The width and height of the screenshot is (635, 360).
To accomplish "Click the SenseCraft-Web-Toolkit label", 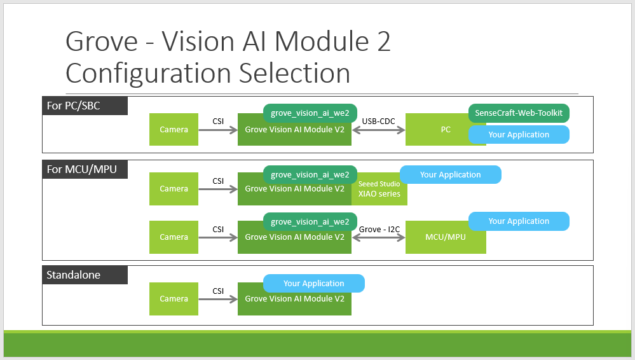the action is click(x=519, y=113).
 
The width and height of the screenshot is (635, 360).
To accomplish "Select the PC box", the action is click(x=446, y=129).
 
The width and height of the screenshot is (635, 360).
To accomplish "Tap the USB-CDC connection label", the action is click(x=378, y=121).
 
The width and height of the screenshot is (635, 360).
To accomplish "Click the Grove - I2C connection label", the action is click(x=379, y=230).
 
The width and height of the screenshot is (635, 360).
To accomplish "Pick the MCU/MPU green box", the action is click(x=446, y=237).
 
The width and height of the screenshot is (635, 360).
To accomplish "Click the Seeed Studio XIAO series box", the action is click(x=379, y=189).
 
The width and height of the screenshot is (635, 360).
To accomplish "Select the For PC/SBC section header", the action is click(x=85, y=106).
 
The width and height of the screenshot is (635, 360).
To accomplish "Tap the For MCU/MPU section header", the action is click(x=85, y=169).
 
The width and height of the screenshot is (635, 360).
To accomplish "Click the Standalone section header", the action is click(x=85, y=275).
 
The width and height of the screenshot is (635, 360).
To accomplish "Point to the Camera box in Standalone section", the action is click(x=174, y=299).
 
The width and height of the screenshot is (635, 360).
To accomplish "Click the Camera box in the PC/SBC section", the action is click(x=174, y=129).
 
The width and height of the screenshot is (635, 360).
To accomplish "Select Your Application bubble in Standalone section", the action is click(x=314, y=284).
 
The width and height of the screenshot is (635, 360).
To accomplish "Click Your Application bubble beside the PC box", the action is click(x=519, y=135).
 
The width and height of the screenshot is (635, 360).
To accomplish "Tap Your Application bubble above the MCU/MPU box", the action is click(x=519, y=221).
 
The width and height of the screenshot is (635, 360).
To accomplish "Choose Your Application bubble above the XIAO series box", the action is click(x=450, y=175).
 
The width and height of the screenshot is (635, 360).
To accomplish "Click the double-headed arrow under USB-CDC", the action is click(x=379, y=130).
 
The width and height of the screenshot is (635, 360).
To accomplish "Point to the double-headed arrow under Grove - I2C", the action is click(x=379, y=238).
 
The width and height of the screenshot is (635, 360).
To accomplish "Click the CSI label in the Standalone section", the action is click(x=218, y=291).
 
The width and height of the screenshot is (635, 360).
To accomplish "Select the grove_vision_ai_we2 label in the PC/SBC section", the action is click(x=310, y=113).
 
